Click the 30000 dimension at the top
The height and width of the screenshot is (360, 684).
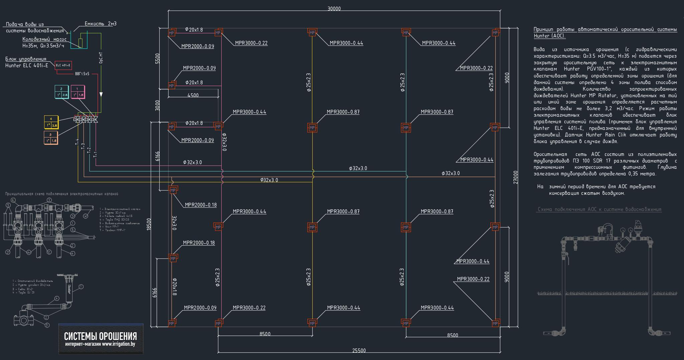tap(334, 9)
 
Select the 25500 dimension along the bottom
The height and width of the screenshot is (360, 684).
tap(359, 350)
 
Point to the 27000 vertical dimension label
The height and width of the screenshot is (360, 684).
tap(516, 177)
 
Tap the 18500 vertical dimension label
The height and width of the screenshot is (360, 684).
tap(149, 224)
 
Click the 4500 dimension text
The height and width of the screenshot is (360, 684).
tap(193, 95)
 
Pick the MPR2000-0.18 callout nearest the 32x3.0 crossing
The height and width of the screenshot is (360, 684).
tap(201, 205)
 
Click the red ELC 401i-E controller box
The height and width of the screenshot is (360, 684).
tap(63, 65)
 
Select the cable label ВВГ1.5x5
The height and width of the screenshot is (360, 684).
tap(82, 74)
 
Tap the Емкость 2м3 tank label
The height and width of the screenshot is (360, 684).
tap(101, 24)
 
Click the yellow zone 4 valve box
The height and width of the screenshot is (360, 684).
tap(51, 122)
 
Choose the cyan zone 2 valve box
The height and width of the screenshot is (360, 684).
tap(61, 92)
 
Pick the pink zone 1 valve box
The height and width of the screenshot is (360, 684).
tap(77, 92)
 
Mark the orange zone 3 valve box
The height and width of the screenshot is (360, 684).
tap(51, 138)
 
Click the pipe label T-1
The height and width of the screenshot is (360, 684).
tap(95, 154)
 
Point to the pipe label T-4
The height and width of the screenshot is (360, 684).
tap(77, 142)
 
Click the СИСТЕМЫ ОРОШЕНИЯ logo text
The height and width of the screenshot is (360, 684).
tap(101, 336)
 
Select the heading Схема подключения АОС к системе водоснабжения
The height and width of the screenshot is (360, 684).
tap(599, 209)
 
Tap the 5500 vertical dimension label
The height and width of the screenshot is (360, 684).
tap(158, 58)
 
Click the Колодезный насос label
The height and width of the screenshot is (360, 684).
tap(44, 39)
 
